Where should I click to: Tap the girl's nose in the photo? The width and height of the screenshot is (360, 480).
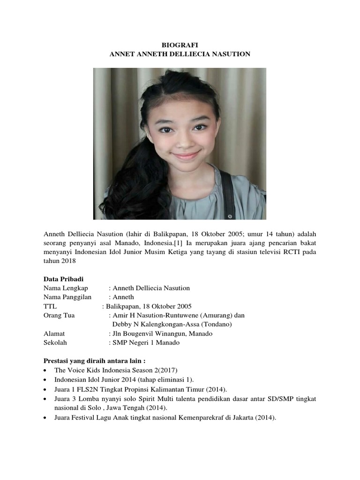pos(183,140)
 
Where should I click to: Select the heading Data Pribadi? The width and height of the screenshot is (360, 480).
pos(63,279)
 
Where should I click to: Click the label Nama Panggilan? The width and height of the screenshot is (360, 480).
pos(67,297)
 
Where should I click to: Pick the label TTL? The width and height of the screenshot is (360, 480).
pos(50,306)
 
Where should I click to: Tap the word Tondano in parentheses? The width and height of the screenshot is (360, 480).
pos(218,324)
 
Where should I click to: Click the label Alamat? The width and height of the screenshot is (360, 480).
pos(54,333)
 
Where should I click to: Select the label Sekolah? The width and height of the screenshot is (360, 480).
pos(55,343)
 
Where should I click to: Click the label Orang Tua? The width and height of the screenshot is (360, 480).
pos(59,315)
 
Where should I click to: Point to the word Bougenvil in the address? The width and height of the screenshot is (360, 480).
pos(139,333)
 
